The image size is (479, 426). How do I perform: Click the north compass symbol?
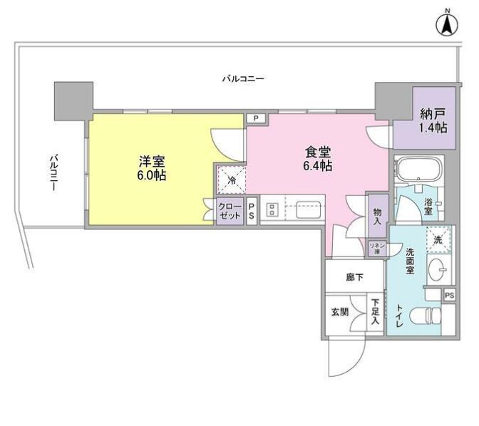(447, 24)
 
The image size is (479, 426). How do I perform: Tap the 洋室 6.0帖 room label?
(151, 167)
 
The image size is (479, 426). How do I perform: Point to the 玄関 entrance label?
(339, 311)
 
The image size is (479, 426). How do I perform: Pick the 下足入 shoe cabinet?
(375, 312)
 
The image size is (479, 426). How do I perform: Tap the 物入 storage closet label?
(377, 217)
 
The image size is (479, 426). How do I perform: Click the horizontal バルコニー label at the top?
(242, 78)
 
